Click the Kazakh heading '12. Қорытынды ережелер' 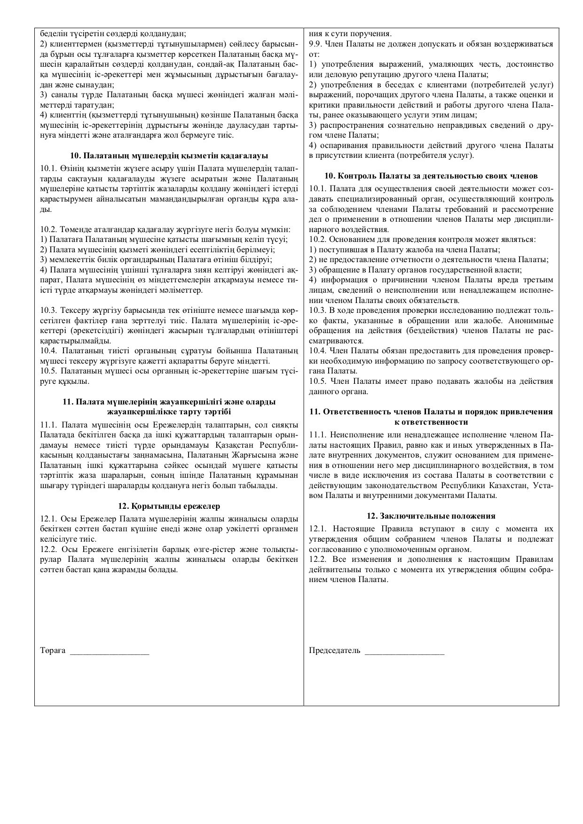click(x=169, y=506)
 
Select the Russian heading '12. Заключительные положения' click(x=431, y=516)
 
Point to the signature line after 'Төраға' click(x=109, y=652)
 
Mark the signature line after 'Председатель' click(x=404, y=652)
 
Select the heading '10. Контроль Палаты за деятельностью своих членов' click(x=431, y=176)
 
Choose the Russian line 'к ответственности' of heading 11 click(x=431, y=422)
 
